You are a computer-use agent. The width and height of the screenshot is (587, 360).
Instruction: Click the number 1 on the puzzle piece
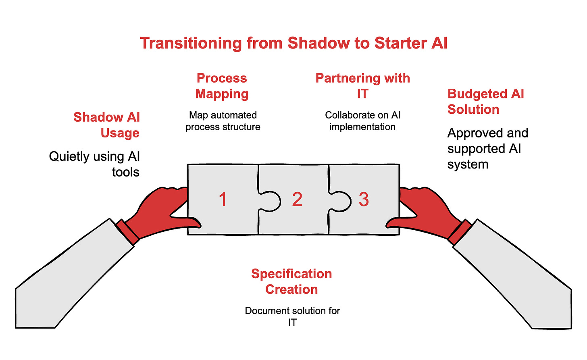pyautogui.click(x=223, y=200)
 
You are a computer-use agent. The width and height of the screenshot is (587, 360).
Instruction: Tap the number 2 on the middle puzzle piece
pyautogui.click(x=297, y=200)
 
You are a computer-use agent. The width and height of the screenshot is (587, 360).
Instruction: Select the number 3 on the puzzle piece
pyautogui.click(x=364, y=200)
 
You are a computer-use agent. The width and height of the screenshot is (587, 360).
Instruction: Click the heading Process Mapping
pyautogui.click(x=222, y=86)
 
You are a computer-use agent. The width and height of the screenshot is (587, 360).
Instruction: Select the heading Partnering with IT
pyautogui.click(x=362, y=86)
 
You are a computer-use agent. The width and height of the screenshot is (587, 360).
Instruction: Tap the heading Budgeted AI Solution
pyautogui.click(x=485, y=102)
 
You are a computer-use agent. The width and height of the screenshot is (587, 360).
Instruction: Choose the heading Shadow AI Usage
pyautogui.click(x=107, y=125)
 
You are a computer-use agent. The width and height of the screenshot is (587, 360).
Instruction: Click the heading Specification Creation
pyautogui.click(x=291, y=281)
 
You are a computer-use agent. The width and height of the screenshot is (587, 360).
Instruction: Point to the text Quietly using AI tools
pyautogui.click(x=95, y=164)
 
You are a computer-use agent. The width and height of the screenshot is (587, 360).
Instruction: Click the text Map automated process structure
pyautogui.click(x=223, y=121)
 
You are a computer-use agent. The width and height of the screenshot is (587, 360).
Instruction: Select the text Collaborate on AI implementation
pyautogui.click(x=362, y=121)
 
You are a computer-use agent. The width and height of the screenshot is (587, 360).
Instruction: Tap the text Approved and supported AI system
pyautogui.click(x=487, y=148)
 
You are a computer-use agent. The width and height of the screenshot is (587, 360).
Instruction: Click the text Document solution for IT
pyautogui.click(x=292, y=316)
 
